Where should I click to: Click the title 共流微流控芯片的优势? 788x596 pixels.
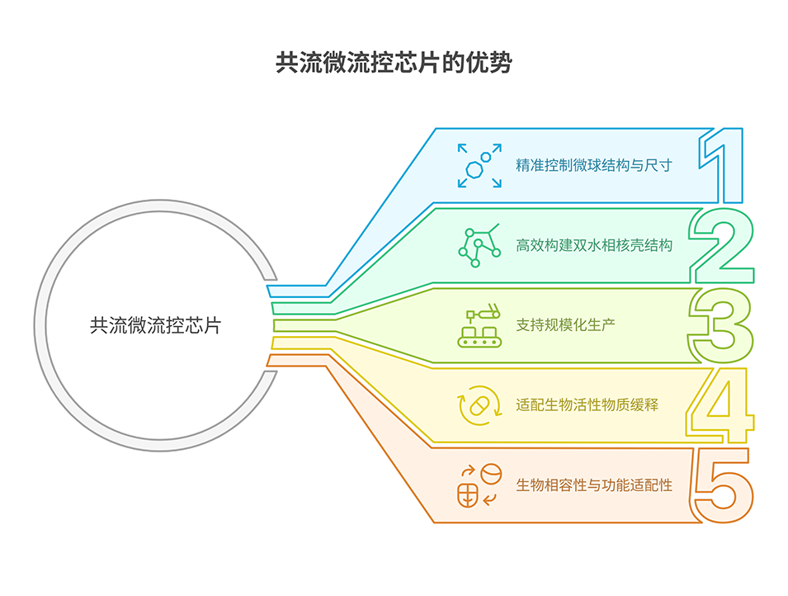click(x=394, y=64)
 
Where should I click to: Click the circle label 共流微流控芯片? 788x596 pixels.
click(x=155, y=325)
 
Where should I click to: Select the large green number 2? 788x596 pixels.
click(x=721, y=245)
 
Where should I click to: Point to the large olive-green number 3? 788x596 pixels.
click(x=721, y=325)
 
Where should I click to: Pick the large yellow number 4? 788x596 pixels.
click(x=720, y=404)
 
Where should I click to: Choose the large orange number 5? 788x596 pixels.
click(x=721, y=485)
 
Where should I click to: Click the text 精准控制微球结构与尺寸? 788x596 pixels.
click(x=594, y=165)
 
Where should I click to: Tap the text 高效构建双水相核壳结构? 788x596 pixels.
click(x=594, y=245)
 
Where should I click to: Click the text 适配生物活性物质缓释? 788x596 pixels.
click(x=587, y=405)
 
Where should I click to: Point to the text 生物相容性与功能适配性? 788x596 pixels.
click(x=594, y=485)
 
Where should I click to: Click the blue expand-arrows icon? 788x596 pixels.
click(x=479, y=165)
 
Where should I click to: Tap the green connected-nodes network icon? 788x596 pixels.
click(x=479, y=244)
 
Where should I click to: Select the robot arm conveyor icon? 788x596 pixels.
click(x=479, y=325)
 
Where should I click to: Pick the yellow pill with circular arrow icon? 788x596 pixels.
click(x=479, y=405)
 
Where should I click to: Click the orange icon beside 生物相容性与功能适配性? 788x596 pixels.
click(x=479, y=485)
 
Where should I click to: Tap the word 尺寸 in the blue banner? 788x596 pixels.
click(x=658, y=165)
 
